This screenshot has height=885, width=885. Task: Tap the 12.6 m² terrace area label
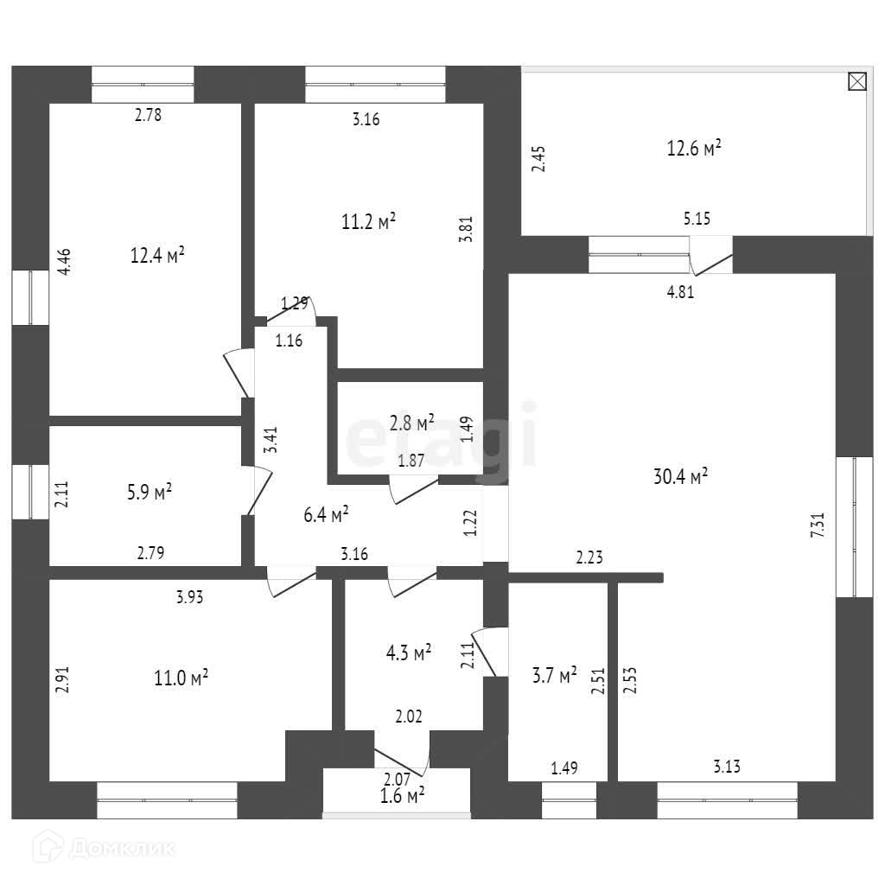click(694, 149)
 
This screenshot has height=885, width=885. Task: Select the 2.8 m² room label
click(412, 423)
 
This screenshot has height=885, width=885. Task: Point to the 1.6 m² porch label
click(402, 795)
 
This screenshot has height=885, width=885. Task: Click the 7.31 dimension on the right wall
click(818, 525)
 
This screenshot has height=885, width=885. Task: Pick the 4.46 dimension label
click(65, 262)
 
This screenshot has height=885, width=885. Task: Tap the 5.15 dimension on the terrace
click(697, 219)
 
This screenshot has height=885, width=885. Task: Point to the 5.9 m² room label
click(149, 493)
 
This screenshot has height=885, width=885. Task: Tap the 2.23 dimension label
click(589, 558)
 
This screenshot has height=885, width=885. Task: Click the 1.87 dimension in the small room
click(411, 461)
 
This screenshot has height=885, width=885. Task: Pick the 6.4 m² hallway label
click(326, 516)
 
